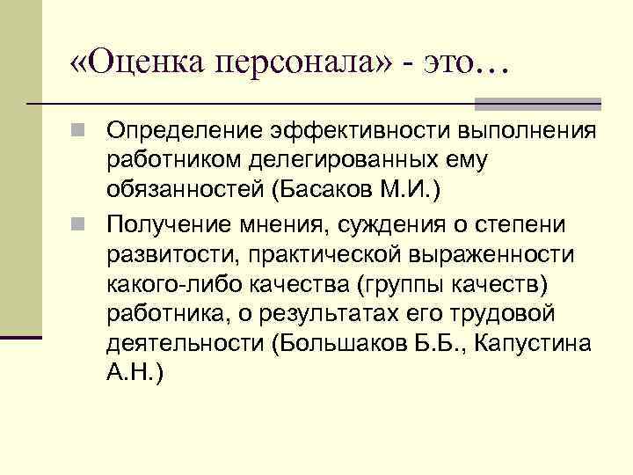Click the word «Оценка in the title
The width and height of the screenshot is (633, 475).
(x=131, y=61)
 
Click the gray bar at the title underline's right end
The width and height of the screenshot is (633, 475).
(x=576, y=104)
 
